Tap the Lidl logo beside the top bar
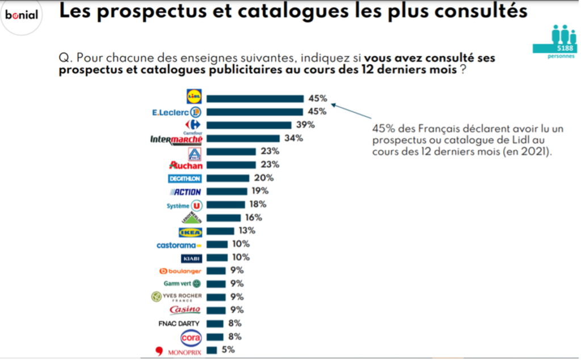(194, 98)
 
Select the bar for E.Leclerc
(255, 112)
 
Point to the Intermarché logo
(176, 139)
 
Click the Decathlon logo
(185, 179)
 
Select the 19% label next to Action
(260, 191)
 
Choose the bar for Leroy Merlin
(224, 218)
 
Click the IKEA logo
(190, 232)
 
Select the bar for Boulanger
(217, 270)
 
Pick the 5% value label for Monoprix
(228, 350)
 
